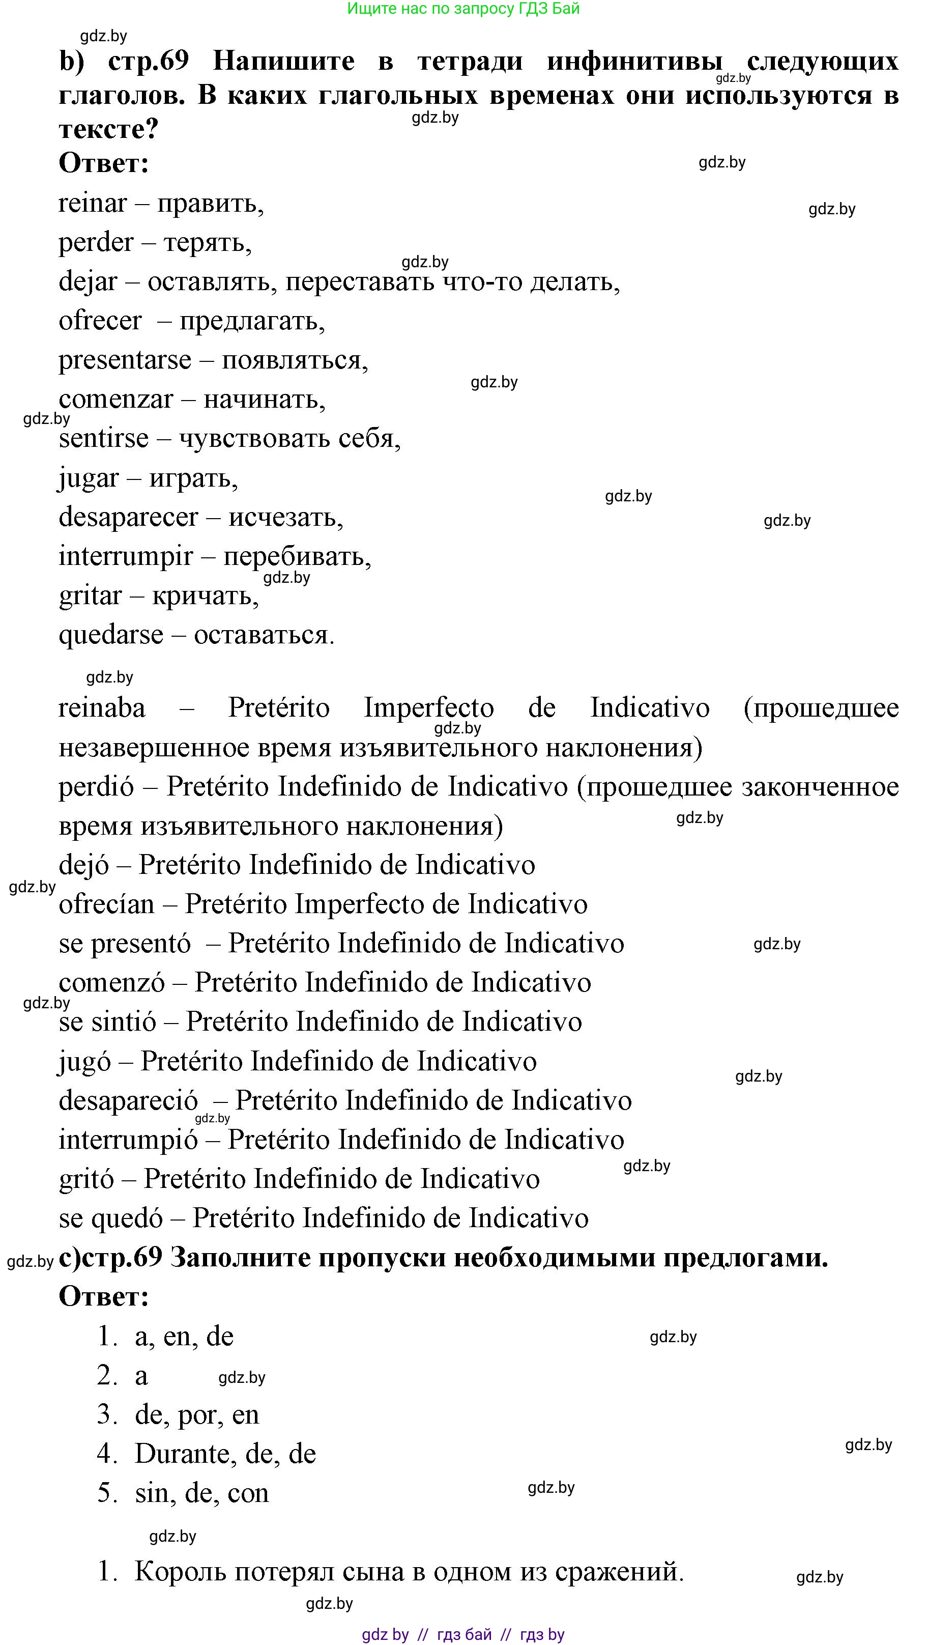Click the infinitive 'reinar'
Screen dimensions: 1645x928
point(93,204)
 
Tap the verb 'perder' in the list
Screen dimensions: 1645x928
point(96,243)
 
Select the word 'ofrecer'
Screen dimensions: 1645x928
point(100,321)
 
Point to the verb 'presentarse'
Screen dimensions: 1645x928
point(125,360)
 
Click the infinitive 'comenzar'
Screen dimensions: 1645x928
point(116,400)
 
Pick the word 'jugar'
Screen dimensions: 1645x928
point(89,478)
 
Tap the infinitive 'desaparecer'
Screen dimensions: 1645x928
point(128,517)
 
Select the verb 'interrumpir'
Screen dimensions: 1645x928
point(126,557)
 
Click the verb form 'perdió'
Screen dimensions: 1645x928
point(96,787)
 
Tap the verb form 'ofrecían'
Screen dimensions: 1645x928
point(106,904)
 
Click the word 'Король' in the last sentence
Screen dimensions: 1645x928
point(181,1572)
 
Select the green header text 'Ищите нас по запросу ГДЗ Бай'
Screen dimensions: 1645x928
point(463,9)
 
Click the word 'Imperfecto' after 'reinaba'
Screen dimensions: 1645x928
point(429,708)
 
